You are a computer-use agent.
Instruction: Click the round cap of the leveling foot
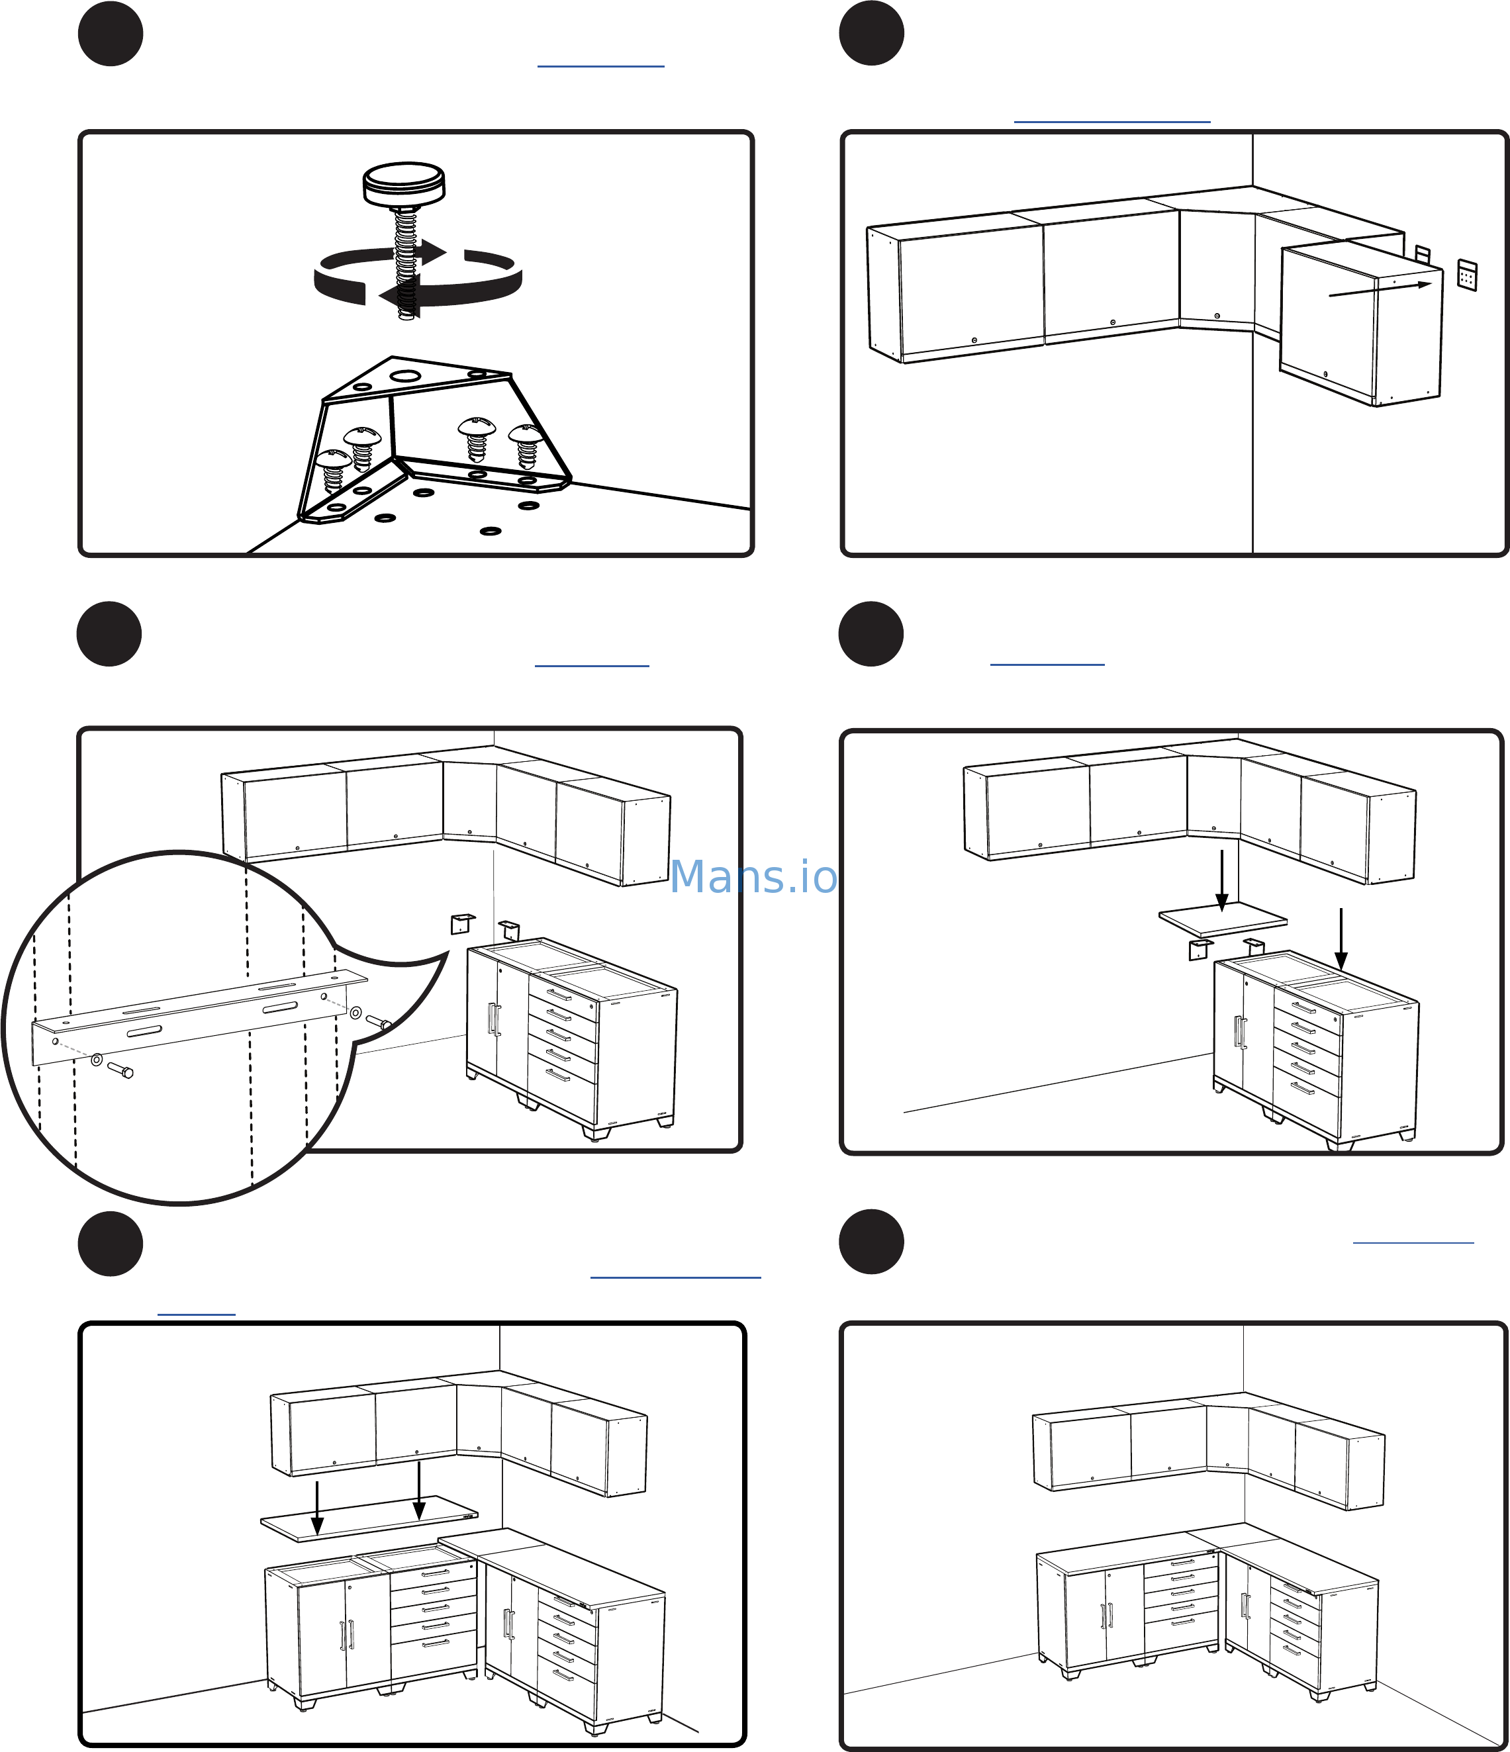[404, 183]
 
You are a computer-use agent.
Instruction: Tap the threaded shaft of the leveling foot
[406, 262]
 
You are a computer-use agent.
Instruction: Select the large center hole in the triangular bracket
[406, 375]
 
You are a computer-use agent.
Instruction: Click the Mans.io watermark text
[753, 877]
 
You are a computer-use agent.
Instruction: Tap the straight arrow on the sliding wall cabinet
[1380, 289]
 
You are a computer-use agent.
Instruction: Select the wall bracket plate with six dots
[1467, 275]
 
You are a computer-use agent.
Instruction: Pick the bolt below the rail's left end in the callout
[120, 1070]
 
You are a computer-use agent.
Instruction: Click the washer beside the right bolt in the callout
[356, 1012]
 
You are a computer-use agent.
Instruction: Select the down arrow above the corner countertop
[1221, 881]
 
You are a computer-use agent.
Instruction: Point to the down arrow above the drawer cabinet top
[1341, 939]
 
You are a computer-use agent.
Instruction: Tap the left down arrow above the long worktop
[317, 1508]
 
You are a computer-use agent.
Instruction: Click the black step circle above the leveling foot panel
[110, 34]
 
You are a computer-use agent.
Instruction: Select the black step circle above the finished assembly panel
[871, 1242]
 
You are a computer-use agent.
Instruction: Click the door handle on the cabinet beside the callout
[494, 1019]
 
